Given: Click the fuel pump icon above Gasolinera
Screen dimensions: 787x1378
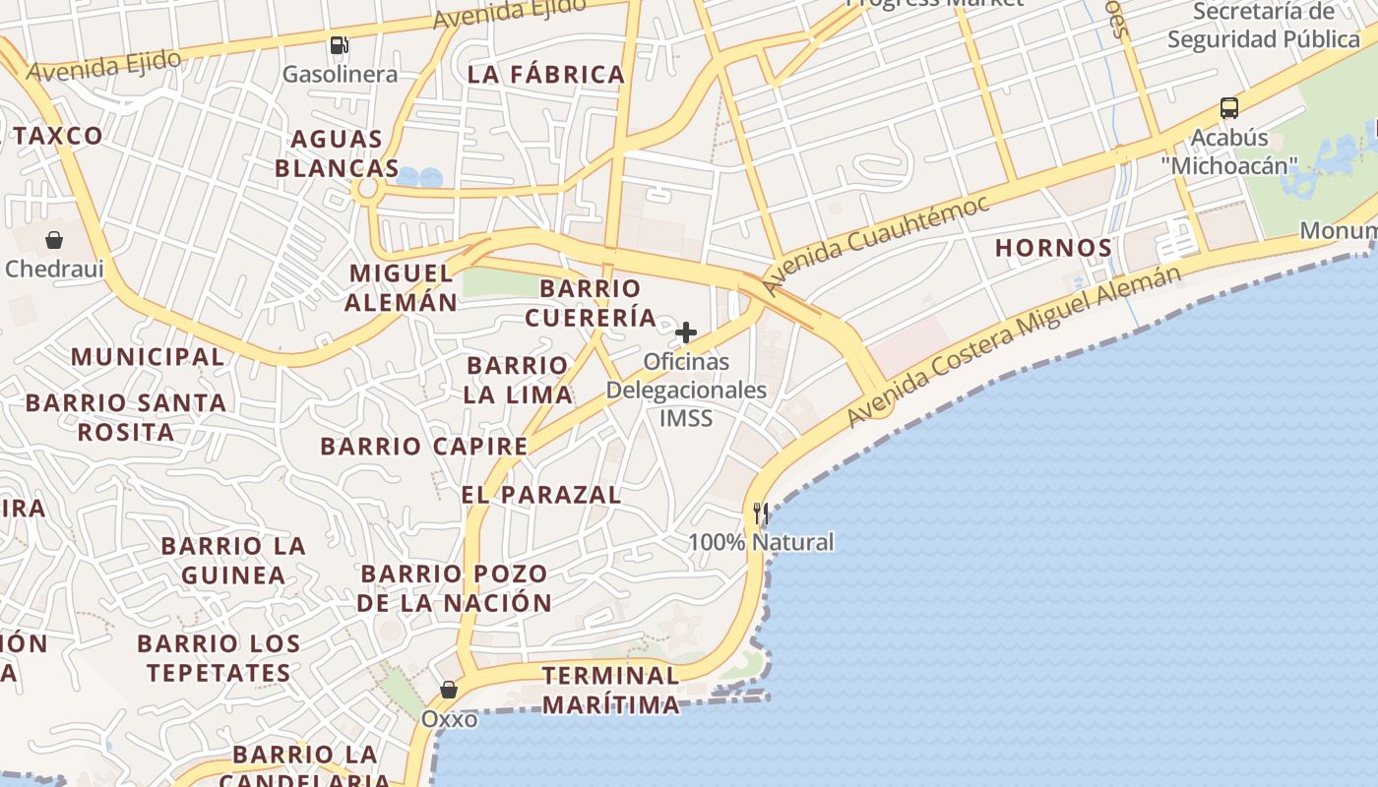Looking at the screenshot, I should point(340,45).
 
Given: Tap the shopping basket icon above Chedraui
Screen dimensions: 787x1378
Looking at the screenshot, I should point(54,240).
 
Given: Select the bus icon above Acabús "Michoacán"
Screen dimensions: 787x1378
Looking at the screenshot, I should point(1228,108).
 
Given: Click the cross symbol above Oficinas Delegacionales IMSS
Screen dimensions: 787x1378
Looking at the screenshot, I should point(686,333).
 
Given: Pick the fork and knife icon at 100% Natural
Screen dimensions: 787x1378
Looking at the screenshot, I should point(760,514).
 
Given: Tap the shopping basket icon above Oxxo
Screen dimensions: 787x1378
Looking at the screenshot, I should point(449,690).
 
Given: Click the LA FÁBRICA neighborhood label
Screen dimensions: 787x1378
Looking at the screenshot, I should point(546,74).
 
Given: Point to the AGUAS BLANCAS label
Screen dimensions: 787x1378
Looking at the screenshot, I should point(338,153).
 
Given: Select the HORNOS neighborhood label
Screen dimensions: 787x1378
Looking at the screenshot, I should point(1053,248).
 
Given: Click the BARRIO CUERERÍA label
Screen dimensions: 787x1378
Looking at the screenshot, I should point(591,303).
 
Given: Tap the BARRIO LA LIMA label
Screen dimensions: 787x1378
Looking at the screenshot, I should point(519,380).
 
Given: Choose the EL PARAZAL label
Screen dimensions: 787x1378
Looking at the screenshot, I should point(541,494).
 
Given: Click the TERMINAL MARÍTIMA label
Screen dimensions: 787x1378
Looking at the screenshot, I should point(610,690).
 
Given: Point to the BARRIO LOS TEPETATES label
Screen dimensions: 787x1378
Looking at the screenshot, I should point(219,659).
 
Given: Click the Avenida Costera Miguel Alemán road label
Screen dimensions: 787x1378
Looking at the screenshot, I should point(1014,344).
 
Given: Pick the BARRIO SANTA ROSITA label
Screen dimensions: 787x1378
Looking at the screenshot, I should point(126,417).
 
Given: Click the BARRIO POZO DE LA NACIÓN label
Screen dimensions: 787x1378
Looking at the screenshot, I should point(454,588).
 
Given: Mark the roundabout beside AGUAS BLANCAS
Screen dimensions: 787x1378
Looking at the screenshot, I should point(369,188).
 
